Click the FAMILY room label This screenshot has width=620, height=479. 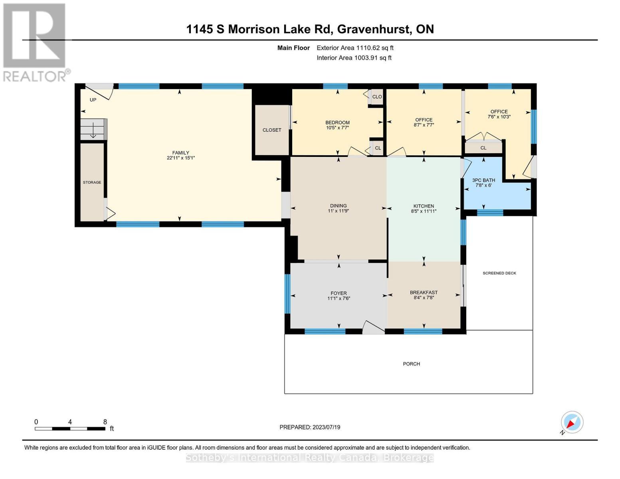pos(180,152)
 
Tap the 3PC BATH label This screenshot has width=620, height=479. pos(483,180)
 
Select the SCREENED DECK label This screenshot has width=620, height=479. pos(499,273)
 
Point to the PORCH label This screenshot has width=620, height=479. pos(411,364)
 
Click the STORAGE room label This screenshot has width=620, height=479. pos(92,182)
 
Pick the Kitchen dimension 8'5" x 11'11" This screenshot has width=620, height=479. pos(424,212)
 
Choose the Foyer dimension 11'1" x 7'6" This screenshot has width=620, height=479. pos(339,299)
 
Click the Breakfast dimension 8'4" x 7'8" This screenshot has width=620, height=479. pos(424,298)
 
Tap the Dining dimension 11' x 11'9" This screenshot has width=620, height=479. pos(338,211)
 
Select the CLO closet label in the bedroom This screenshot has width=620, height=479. pos(377,97)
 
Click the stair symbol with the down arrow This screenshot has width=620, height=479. pos(93,130)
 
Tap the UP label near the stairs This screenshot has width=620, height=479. pos(93,100)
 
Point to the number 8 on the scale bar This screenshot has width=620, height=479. pos(105,422)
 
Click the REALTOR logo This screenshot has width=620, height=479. pos(35,42)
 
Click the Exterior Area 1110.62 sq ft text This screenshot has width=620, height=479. pos(355,48)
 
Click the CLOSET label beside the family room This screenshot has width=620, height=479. pos(272,130)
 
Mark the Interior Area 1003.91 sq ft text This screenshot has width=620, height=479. pos(354,58)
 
